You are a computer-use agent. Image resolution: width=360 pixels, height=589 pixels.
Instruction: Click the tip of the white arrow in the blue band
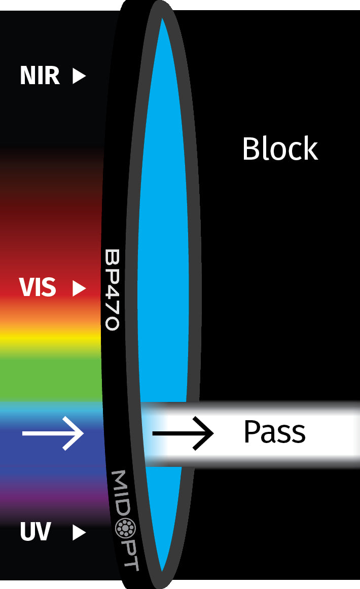pyautogui.click(x=83, y=433)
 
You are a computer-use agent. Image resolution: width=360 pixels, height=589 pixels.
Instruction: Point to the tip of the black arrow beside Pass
pyautogui.click(x=213, y=433)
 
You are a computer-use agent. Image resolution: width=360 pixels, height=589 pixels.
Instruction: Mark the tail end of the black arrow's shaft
pyautogui.click(x=153, y=433)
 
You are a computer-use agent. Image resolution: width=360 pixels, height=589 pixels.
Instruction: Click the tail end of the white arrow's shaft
pyautogui.click(x=22, y=433)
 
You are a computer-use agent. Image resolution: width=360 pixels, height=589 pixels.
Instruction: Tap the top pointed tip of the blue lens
pyautogui.click(x=162, y=18)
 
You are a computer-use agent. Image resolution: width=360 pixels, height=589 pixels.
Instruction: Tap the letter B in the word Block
pyautogui.click(x=251, y=149)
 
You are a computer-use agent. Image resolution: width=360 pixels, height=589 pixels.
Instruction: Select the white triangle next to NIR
pyautogui.click(x=79, y=76)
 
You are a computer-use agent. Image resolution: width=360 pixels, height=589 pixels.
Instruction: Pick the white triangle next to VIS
pyautogui.click(x=79, y=288)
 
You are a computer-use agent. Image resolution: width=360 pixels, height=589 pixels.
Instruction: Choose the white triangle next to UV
pyautogui.click(x=79, y=532)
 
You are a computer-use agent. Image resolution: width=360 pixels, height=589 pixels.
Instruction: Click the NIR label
pyautogui.click(x=40, y=76)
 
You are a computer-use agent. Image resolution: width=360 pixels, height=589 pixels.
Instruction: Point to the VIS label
pyautogui.click(x=38, y=287)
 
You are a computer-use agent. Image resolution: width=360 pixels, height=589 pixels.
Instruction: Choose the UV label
pyautogui.click(x=35, y=532)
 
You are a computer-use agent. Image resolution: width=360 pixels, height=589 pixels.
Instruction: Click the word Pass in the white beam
pyautogui.click(x=275, y=431)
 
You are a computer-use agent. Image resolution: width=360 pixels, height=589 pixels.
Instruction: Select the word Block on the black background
pyautogui.click(x=280, y=148)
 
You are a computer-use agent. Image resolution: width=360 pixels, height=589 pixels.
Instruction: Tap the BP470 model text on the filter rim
pyautogui.click(x=112, y=289)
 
